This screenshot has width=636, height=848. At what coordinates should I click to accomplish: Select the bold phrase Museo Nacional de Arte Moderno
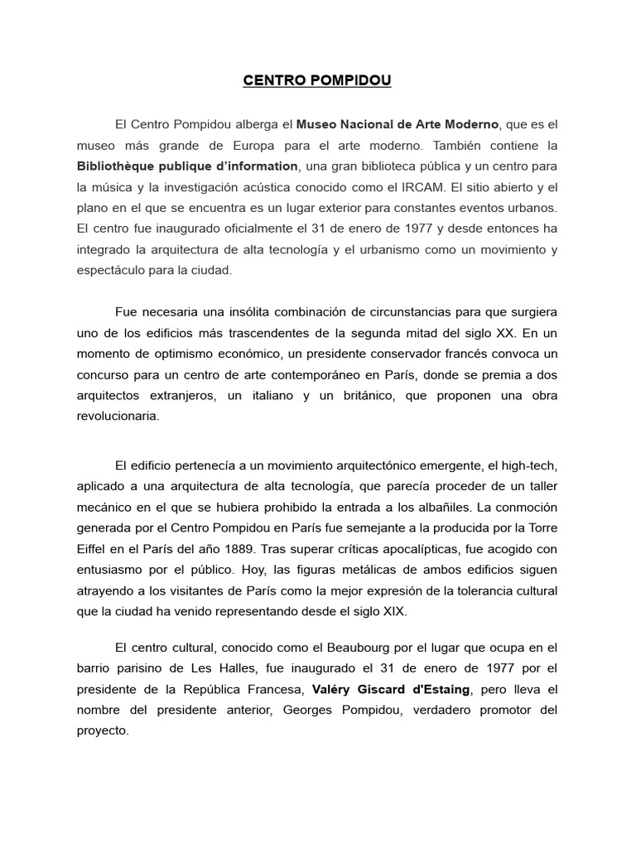(398, 124)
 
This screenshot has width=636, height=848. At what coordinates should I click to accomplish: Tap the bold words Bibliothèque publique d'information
(187, 166)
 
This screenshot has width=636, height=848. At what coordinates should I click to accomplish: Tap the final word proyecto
(103, 731)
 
